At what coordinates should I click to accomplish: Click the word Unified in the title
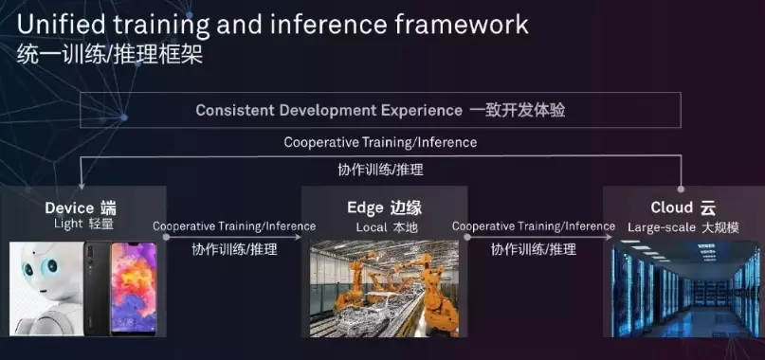pyautogui.click(x=61, y=25)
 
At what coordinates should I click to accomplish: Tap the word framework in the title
pyautogui.click(x=462, y=25)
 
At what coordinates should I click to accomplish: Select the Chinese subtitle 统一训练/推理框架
pyautogui.click(x=110, y=55)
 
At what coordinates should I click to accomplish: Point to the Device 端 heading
pyautogui.click(x=81, y=208)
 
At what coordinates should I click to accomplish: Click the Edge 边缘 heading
pyautogui.click(x=385, y=208)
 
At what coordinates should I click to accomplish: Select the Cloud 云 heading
pyautogui.click(x=683, y=207)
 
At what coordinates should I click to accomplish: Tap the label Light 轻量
pyautogui.click(x=83, y=225)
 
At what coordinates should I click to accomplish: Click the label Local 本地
pyautogui.click(x=387, y=227)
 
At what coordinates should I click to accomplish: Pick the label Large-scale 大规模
pyautogui.click(x=683, y=227)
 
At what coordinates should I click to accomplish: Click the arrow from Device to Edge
pyautogui.click(x=234, y=237)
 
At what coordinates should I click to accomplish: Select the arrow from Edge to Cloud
pyautogui.click(x=538, y=237)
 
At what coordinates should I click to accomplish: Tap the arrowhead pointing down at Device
pyautogui.click(x=81, y=186)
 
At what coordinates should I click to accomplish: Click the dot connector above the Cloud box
pyautogui.click(x=681, y=189)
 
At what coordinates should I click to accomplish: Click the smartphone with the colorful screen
pyautogui.click(x=134, y=288)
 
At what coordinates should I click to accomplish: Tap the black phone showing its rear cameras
pyautogui.click(x=98, y=289)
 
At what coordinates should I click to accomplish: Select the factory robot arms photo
pyautogui.click(x=385, y=288)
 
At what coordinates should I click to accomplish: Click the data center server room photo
pyautogui.click(x=685, y=288)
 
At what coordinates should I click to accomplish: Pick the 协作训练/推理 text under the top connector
pyautogui.click(x=380, y=170)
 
